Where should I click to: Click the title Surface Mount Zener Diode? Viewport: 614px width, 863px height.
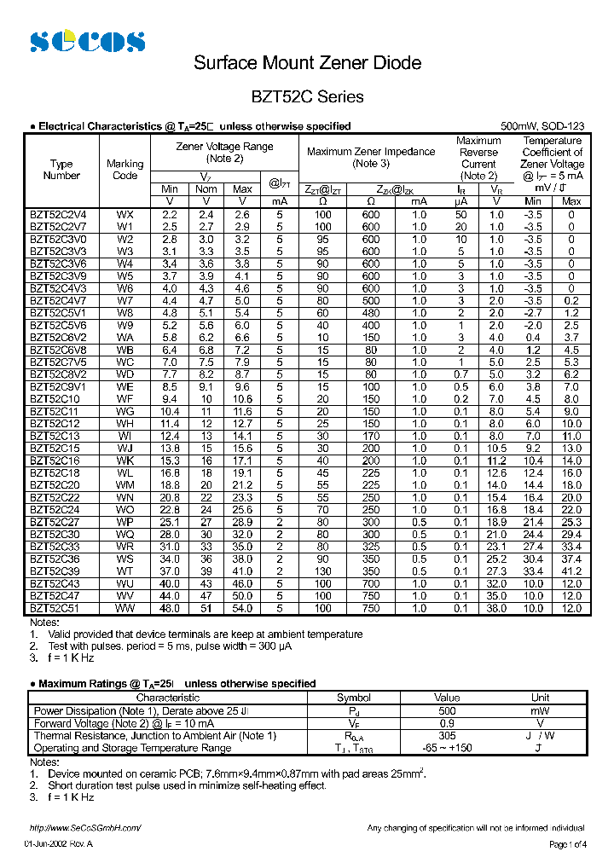pos(307,63)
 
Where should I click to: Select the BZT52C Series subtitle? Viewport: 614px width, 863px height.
pos(307,96)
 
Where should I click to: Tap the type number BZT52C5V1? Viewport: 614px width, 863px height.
pos(56,312)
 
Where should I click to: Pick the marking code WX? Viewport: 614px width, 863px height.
pos(125,215)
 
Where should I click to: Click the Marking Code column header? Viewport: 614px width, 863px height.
pos(125,170)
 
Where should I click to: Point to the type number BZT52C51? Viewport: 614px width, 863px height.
pos(55,608)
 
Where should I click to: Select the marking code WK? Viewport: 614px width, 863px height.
pos(125,460)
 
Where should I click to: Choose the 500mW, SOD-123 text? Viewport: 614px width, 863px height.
pos(542,126)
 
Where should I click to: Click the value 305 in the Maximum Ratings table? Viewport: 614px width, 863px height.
pos(446,735)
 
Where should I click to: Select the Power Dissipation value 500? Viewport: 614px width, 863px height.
pos(446,710)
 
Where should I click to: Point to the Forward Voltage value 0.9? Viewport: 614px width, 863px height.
pos(446,723)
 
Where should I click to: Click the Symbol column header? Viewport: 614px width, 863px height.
pos(354,698)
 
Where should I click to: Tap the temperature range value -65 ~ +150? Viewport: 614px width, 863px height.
pos(446,748)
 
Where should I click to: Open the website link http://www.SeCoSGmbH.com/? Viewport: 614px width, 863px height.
pos(84,828)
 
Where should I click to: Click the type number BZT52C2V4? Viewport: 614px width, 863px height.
pos(56,215)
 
